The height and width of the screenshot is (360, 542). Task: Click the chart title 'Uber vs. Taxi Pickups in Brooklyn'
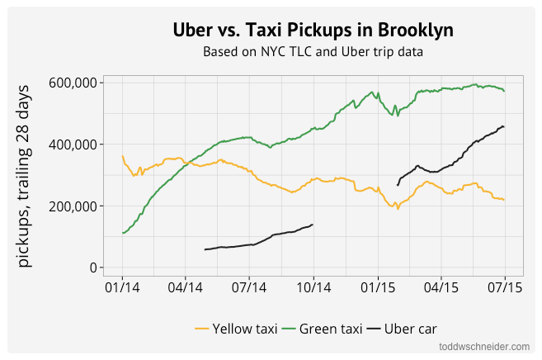(313, 30)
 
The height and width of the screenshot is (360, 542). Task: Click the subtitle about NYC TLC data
(313, 51)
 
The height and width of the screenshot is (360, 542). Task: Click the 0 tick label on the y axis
(92, 268)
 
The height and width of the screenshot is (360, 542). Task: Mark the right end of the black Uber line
(504, 126)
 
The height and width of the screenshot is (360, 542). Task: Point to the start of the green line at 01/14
(123, 233)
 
